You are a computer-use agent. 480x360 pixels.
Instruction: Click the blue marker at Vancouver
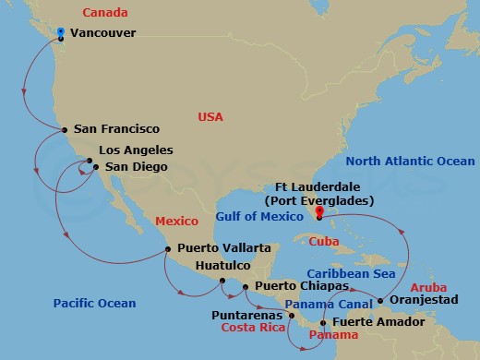point(60,33)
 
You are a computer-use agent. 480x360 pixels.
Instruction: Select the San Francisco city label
point(116,129)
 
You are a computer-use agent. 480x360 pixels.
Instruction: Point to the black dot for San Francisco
point(64,130)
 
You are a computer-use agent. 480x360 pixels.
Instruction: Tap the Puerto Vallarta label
point(224,247)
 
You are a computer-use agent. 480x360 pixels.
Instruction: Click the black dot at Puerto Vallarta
point(167,248)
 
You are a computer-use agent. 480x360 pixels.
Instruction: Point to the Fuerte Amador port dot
point(322,323)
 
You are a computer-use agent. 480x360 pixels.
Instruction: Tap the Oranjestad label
point(422,301)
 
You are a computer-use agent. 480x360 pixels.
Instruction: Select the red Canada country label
point(104,12)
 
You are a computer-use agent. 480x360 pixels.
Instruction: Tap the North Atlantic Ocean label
point(409,162)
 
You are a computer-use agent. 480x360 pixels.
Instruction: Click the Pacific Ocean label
point(94,303)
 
